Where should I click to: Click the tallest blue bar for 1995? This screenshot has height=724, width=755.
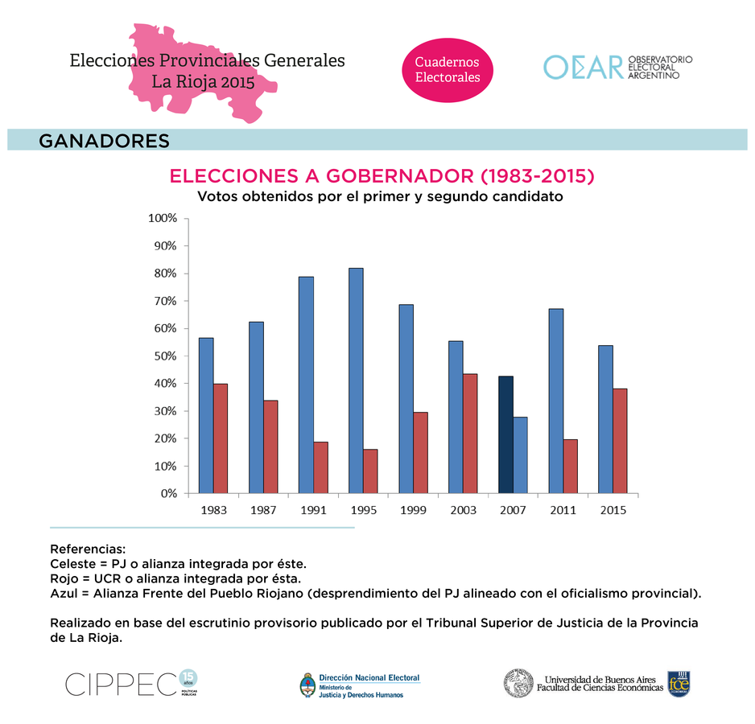(x=356, y=381)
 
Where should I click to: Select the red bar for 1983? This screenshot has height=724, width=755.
(x=221, y=438)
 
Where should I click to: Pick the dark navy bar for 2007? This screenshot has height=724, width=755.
(x=505, y=434)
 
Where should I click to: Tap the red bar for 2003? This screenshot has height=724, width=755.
(x=470, y=433)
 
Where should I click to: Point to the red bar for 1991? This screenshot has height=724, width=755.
(x=320, y=467)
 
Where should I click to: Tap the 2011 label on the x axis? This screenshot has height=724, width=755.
(x=563, y=510)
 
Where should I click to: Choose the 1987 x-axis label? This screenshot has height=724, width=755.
(x=263, y=510)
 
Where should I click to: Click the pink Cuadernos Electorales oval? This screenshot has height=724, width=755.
(x=447, y=69)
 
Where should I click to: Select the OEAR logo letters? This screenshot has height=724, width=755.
(x=583, y=68)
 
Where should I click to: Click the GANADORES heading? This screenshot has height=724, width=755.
(x=104, y=141)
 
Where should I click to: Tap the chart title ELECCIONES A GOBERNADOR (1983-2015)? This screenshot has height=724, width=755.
(x=382, y=176)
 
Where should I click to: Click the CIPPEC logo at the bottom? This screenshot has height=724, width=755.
(x=121, y=685)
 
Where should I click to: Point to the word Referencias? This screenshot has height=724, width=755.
(x=88, y=549)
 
